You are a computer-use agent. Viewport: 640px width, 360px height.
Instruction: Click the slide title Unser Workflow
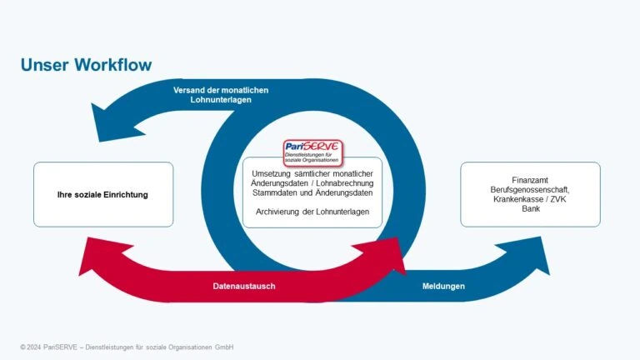pyautogui.click(x=86, y=65)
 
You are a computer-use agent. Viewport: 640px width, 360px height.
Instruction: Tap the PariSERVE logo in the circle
pyautogui.click(x=312, y=152)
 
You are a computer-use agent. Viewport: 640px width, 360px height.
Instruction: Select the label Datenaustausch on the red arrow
pyautogui.click(x=244, y=286)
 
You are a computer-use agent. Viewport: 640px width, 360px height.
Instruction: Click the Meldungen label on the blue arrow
pyautogui.click(x=443, y=286)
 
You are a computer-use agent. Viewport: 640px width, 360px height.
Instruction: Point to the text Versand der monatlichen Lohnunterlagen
pyautogui.click(x=221, y=95)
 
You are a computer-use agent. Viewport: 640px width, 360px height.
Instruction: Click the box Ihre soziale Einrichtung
pyautogui.click(x=103, y=194)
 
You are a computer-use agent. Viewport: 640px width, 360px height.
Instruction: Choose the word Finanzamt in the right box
pyautogui.click(x=530, y=180)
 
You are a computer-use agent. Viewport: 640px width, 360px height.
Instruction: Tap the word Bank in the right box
pyautogui.click(x=531, y=208)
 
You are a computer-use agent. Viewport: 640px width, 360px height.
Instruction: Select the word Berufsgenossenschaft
pyautogui.click(x=530, y=190)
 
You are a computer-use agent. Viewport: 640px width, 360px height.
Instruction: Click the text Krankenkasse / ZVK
pyautogui.click(x=530, y=199)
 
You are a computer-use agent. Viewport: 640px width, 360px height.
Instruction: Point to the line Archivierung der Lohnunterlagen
pyautogui.click(x=312, y=212)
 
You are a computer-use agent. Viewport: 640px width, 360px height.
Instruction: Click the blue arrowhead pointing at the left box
pyautogui.click(x=117, y=122)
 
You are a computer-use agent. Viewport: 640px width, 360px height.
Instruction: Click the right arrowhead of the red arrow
pyautogui.click(x=382, y=255)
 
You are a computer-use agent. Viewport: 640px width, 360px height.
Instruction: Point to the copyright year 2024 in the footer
pyautogui.click(x=34, y=347)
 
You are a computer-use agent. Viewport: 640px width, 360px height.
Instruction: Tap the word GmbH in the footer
pyautogui.click(x=224, y=347)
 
